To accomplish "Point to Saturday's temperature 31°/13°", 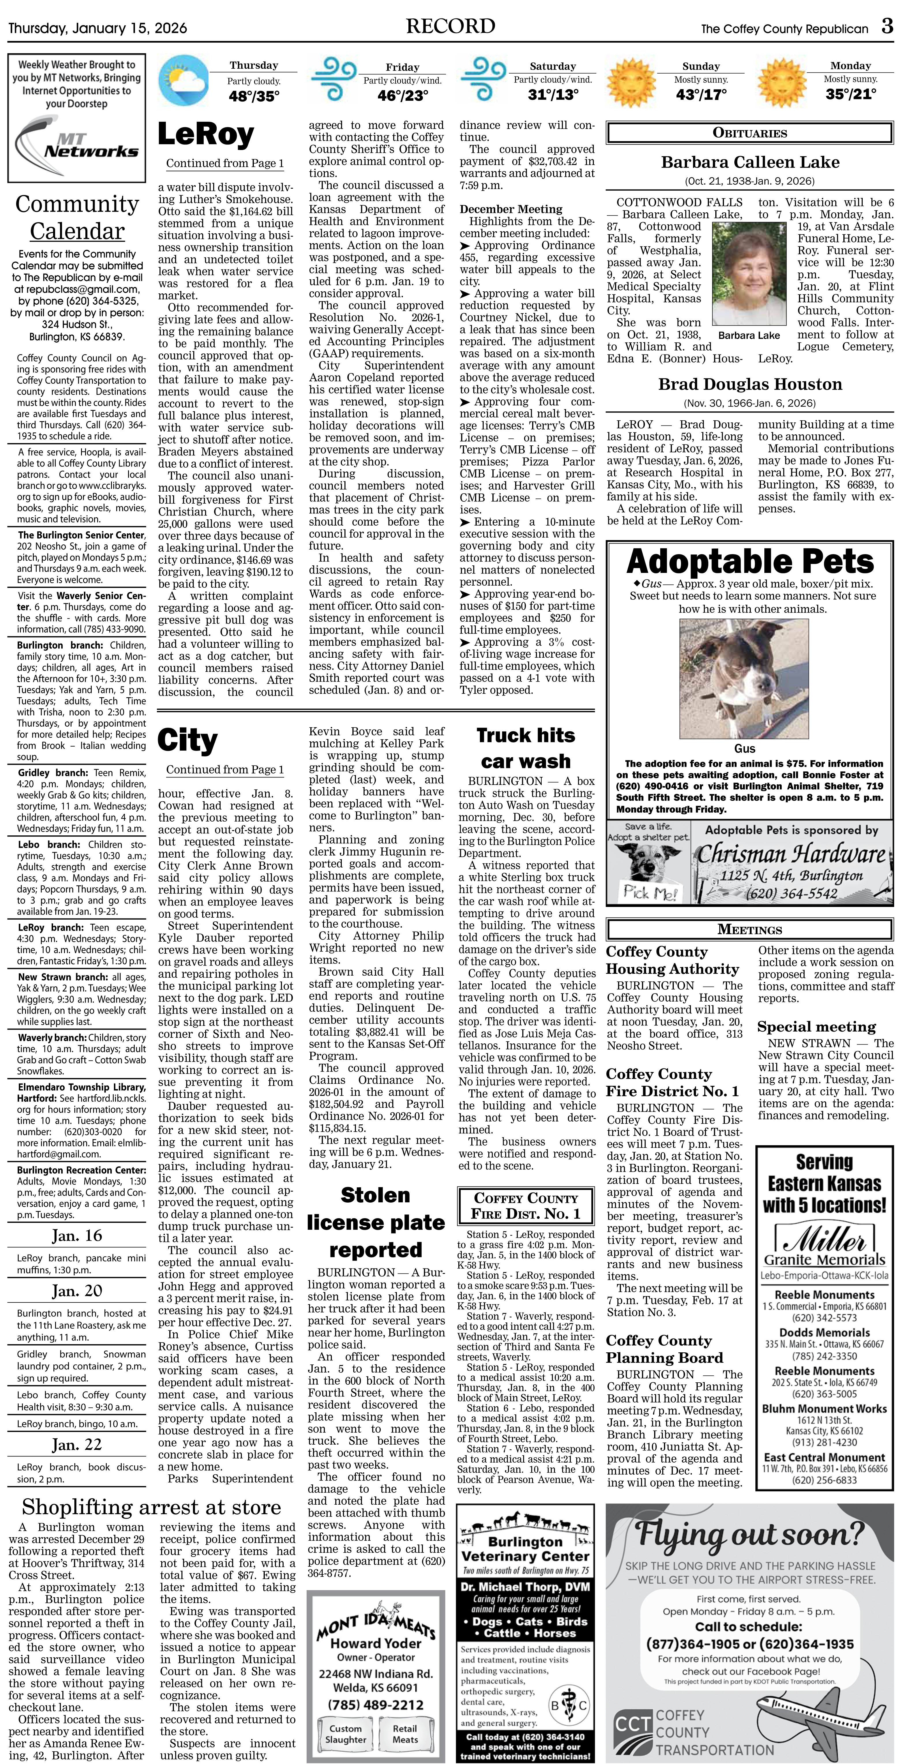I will (x=553, y=95).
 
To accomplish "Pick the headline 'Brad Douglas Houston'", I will (x=750, y=384).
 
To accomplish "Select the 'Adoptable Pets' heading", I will (x=750, y=562).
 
